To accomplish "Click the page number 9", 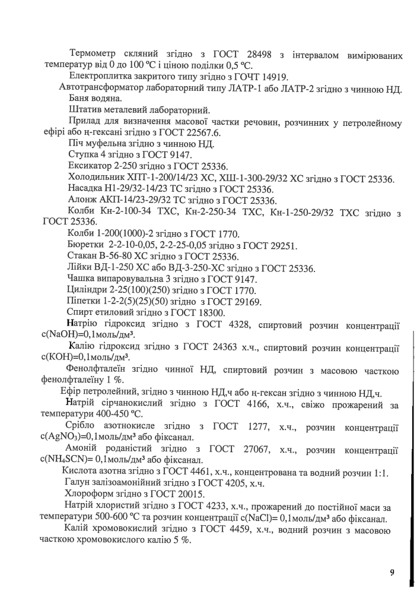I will pyautogui.click(x=392, y=572).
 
